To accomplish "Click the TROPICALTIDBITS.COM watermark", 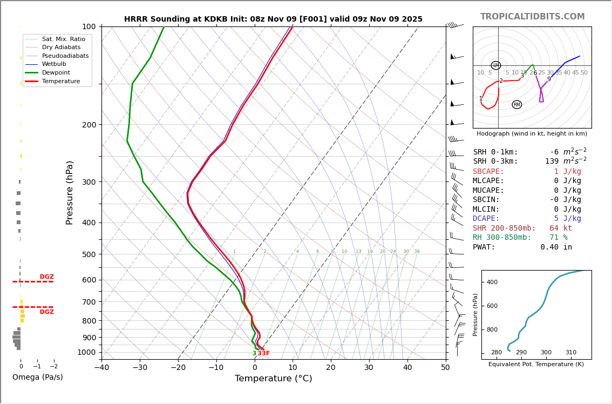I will click(532, 17).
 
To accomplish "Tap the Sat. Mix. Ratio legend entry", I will click(63, 39).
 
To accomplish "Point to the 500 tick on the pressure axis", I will click(89, 254).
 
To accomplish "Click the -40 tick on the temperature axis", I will click(101, 368).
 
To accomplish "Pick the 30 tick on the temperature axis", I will click(369, 368).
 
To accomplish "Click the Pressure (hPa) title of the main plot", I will click(70, 192).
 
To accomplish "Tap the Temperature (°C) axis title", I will click(273, 379).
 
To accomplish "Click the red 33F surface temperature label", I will click(263, 354).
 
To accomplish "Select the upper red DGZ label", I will click(46, 277).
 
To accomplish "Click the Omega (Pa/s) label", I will click(37, 378).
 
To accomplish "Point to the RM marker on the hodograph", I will click(516, 105).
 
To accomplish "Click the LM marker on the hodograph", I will click(495, 65).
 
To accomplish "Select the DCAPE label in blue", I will click(488, 219).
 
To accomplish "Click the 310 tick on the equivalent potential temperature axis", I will click(570, 353).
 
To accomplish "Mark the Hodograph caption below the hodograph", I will click(532, 134).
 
